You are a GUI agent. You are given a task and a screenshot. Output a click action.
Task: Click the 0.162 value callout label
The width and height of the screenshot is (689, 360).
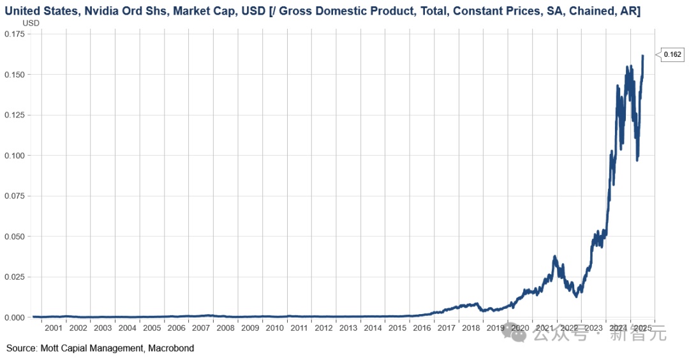point(672,55)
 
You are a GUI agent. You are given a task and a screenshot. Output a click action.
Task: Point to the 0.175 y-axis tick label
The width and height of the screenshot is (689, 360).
point(15,34)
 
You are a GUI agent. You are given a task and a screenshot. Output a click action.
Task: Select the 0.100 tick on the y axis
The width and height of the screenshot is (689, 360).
point(15,155)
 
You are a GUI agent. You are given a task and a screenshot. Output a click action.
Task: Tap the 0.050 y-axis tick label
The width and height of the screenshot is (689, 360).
point(15,236)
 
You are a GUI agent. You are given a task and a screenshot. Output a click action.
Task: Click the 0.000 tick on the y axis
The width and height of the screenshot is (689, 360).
point(15,317)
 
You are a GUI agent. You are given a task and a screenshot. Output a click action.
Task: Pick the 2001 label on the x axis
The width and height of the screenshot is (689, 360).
point(54,328)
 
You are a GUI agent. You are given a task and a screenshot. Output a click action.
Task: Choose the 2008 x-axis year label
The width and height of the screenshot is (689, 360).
point(226,328)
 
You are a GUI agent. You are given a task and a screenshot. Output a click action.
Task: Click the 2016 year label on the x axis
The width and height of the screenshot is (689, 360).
point(422,328)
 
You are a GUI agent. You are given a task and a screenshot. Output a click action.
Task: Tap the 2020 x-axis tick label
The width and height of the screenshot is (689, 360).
point(520,328)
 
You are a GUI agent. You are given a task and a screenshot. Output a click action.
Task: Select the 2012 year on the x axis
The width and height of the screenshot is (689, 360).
point(324,328)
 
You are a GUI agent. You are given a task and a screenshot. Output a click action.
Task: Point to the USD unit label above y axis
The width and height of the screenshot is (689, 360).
point(31,23)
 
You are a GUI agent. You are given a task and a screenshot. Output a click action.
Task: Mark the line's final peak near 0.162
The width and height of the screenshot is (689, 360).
point(642,56)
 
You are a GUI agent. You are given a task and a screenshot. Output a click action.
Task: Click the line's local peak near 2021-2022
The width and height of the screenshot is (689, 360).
point(555,257)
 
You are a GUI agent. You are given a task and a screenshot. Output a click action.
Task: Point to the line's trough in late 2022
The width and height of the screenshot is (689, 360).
point(577,296)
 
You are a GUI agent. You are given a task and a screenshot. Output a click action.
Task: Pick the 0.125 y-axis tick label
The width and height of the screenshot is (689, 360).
point(15,115)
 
